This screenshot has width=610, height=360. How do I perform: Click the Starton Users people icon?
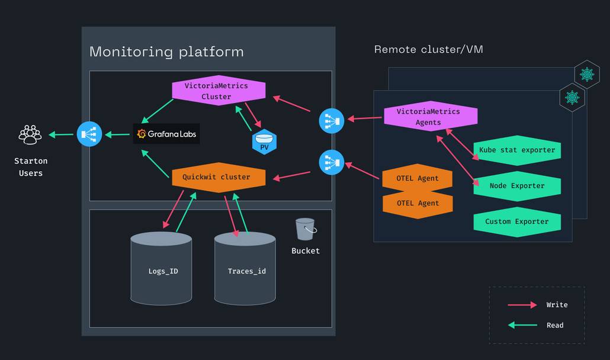[30, 134]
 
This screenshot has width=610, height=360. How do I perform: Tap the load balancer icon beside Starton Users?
[89, 134]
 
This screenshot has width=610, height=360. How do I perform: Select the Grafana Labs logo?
[166, 134]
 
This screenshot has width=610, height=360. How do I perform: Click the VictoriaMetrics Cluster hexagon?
[216, 91]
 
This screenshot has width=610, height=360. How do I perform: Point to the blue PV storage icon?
[264, 142]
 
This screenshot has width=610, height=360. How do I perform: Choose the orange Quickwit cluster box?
[216, 177]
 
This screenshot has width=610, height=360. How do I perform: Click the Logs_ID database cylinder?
[161, 269]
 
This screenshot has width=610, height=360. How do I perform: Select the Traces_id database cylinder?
[245, 269]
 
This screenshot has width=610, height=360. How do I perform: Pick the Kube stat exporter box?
[517, 150]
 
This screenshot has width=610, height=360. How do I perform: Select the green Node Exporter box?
[517, 186]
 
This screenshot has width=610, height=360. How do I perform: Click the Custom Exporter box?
[517, 221]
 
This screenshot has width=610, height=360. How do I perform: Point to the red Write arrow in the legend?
[522, 305]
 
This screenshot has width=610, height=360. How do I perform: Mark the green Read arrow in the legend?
[522, 325]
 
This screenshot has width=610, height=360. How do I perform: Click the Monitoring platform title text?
[166, 52]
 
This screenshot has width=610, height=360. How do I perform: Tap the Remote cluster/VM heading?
[428, 49]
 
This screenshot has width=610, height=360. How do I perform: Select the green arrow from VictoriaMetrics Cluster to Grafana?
[158, 111]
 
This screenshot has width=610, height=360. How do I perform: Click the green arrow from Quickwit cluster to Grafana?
[155, 163]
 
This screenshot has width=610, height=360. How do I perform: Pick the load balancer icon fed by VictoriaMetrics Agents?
[331, 121]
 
